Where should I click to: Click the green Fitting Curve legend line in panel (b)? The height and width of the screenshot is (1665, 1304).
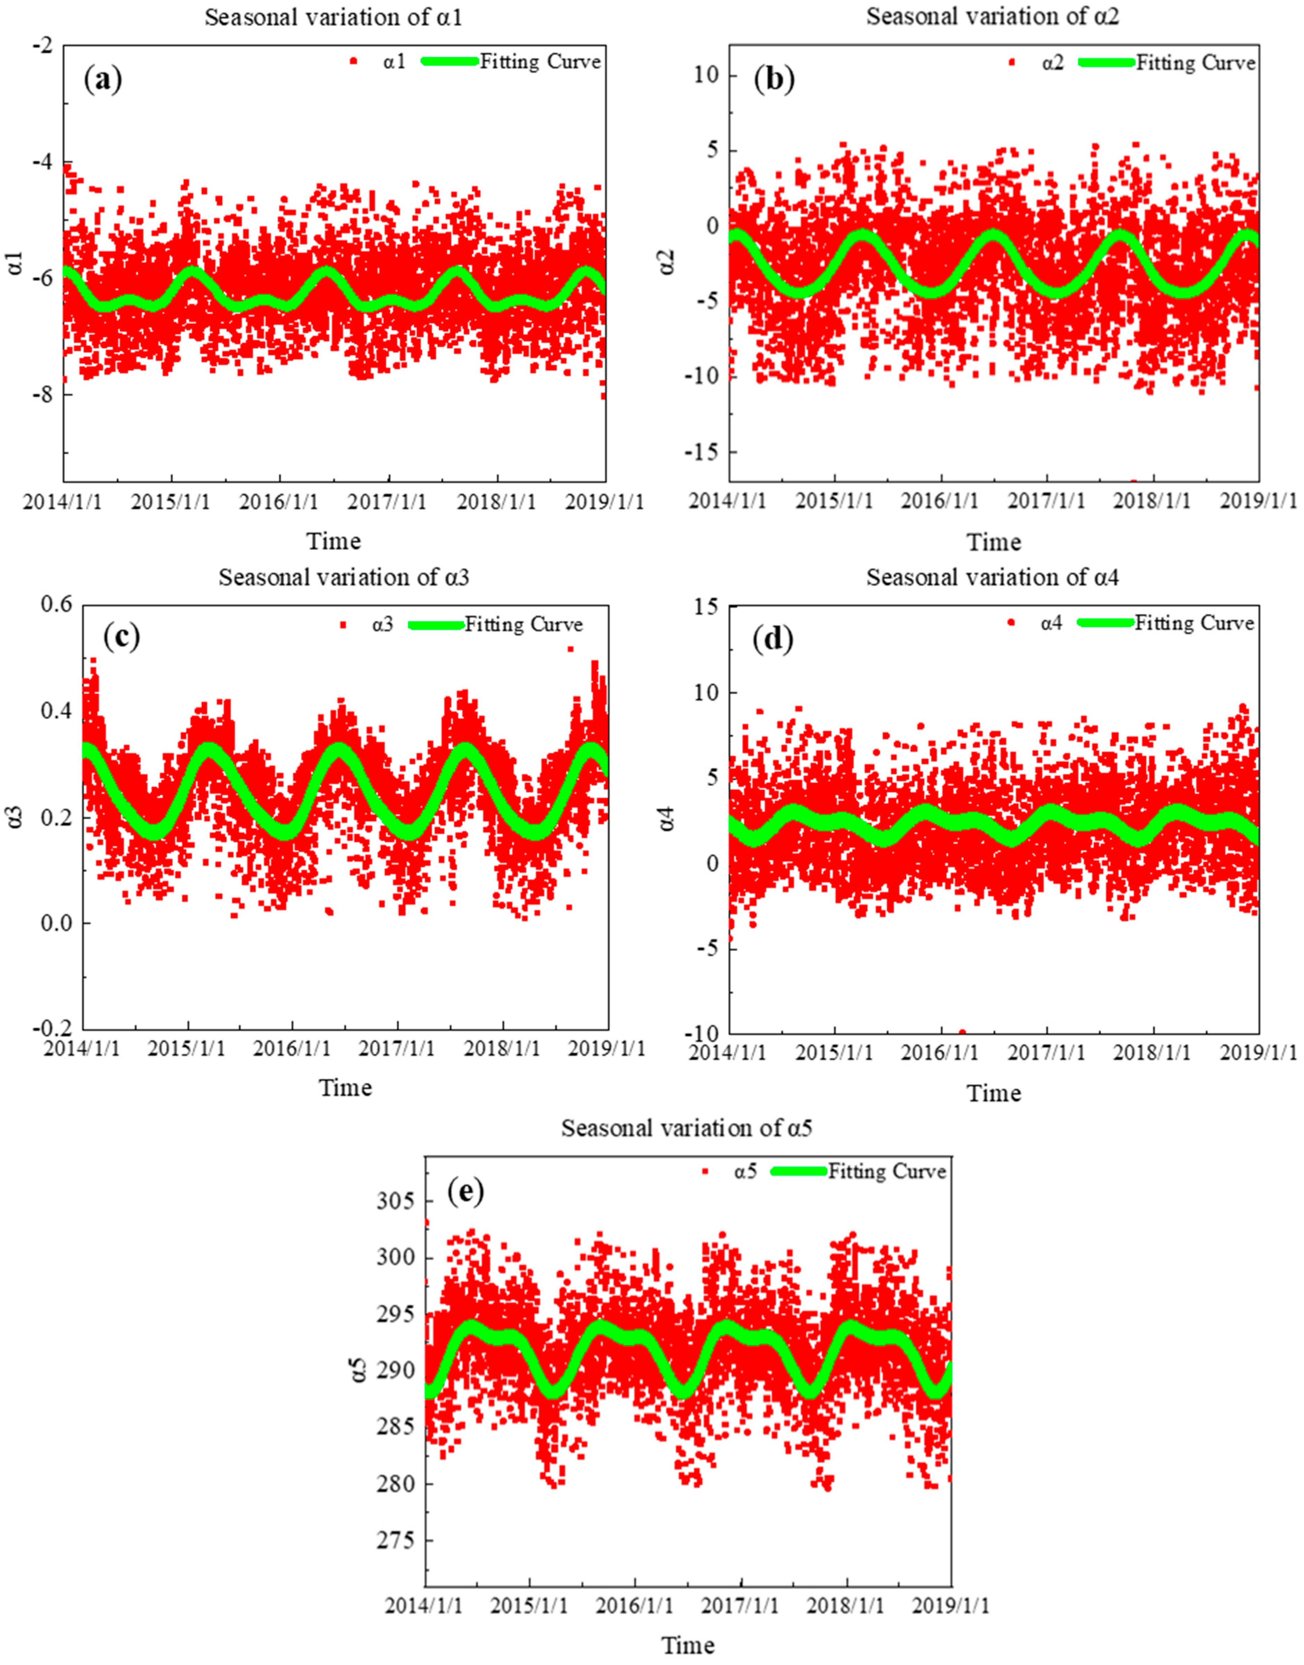click(x=1106, y=63)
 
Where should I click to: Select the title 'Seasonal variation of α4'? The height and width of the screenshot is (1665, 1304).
click(x=992, y=578)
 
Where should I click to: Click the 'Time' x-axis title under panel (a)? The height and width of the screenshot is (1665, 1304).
click(x=334, y=541)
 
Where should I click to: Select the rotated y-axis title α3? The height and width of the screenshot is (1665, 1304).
click(x=17, y=817)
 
